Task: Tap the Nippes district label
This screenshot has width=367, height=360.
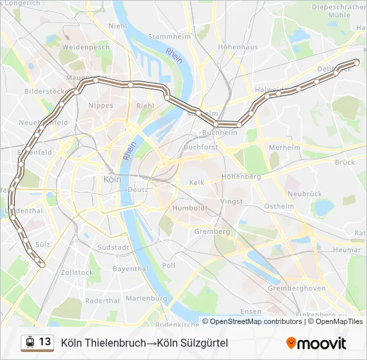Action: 101,105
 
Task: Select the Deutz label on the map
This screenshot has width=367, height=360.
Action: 137,189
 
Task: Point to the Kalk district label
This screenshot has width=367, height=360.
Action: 197,182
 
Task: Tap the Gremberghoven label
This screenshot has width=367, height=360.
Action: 296,288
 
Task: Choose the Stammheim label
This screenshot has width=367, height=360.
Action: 165,37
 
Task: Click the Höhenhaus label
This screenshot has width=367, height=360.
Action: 238,47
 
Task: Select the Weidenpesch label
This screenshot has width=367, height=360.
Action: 85,48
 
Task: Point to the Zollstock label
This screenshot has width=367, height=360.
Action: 77,273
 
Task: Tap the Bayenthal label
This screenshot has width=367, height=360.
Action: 130,269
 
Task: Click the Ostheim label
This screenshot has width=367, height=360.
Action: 279,207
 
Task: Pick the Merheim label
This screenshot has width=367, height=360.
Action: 284,147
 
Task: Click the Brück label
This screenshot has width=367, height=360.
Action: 345,162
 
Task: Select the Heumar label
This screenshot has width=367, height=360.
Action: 347,250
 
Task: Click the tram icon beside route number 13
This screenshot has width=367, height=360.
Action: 29,343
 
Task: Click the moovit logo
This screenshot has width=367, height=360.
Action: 316,343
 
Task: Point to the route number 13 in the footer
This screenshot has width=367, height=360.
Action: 45,342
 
